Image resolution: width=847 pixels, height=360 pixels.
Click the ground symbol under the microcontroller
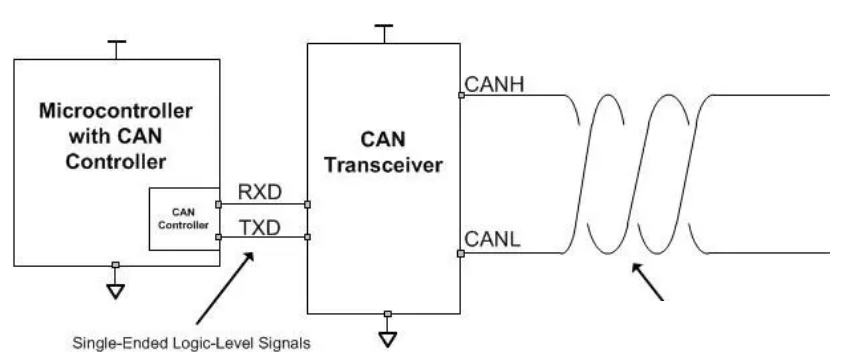(116, 291)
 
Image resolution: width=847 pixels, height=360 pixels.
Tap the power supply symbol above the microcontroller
(116, 46)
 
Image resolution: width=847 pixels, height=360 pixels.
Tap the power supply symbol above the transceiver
(382, 30)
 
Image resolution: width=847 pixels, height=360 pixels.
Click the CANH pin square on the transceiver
(460, 95)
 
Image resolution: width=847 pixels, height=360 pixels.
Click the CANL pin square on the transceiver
(460, 254)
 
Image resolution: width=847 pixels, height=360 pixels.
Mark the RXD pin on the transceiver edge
(307, 205)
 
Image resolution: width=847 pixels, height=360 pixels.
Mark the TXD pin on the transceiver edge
(307, 237)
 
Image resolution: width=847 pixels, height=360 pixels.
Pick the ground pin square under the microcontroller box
(116, 266)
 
